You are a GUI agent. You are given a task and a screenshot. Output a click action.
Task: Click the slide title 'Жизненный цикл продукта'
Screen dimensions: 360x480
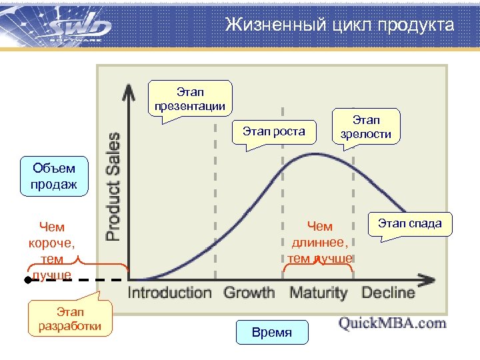point(339,25)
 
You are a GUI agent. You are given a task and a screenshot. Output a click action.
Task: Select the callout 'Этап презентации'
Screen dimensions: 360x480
point(190,99)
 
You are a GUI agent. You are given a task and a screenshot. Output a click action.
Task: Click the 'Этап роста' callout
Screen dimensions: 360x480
point(273,131)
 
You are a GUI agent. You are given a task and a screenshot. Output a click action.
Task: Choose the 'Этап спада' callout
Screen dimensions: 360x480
point(409,223)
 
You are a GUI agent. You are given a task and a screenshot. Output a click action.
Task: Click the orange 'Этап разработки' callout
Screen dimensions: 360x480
point(69,319)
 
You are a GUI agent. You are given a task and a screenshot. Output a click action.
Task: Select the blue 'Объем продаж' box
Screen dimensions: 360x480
point(53,177)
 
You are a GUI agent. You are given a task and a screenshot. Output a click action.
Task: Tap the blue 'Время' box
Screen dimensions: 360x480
point(272,332)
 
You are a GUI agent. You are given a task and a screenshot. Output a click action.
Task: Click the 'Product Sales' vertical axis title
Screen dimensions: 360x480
point(114,186)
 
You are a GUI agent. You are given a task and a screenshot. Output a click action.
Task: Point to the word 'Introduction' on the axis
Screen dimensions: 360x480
point(169,293)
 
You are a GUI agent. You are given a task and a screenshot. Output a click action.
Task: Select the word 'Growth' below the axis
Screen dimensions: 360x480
point(249,293)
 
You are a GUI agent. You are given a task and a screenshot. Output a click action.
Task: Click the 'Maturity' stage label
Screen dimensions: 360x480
point(318,293)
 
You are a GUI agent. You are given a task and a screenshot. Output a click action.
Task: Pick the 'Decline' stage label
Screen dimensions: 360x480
point(387,293)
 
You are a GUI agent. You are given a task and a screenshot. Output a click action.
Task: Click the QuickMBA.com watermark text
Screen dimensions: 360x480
point(392,323)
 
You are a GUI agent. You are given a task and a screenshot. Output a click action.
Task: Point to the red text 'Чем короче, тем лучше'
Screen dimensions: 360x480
point(52,251)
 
